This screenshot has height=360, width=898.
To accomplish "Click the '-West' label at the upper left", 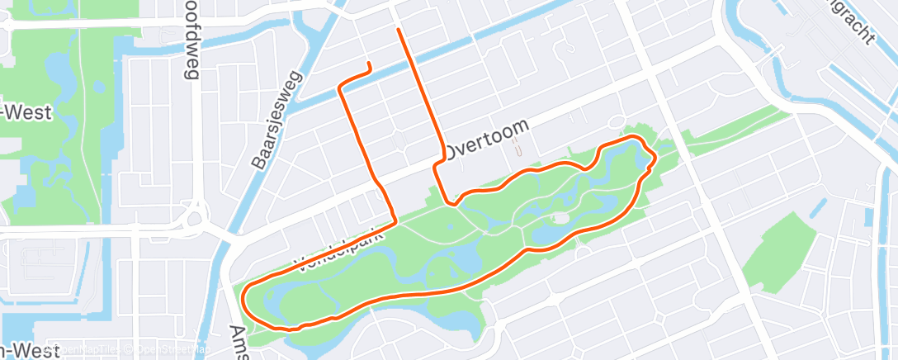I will [26, 112].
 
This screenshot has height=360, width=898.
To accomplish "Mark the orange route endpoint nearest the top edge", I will [399, 30].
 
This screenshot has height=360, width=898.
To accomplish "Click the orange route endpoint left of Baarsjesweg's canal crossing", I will [368, 64].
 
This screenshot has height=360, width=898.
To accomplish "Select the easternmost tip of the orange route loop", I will [655, 157].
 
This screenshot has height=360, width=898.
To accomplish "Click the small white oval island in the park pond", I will [560, 218].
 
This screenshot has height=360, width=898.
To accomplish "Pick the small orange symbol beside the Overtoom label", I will [518, 149].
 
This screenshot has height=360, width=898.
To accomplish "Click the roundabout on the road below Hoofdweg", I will [194, 220].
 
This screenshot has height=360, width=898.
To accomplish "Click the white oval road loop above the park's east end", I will [616, 123].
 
